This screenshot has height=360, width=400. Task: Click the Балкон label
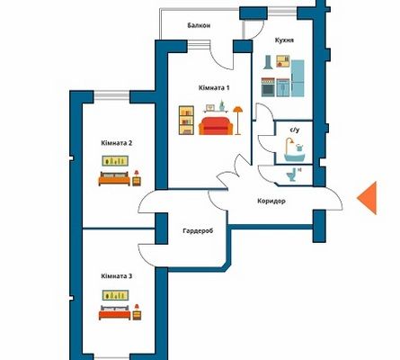click(x=199, y=25)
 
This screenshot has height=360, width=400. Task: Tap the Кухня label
click(x=284, y=40)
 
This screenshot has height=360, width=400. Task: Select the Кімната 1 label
click(x=214, y=88)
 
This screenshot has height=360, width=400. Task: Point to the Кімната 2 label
click(x=117, y=143)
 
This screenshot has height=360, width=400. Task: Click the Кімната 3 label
click(x=117, y=276)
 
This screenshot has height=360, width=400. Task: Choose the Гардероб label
click(x=198, y=231)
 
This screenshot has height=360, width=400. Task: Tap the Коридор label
click(x=271, y=201)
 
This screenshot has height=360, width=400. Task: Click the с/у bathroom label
click(x=295, y=130)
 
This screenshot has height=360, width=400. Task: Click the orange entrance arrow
click(x=367, y=198)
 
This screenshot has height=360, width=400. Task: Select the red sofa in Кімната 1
click(x=216, y=126)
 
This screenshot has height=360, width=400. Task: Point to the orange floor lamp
click(x=237, y=121)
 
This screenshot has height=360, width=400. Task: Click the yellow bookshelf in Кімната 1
click(x=186, y=120)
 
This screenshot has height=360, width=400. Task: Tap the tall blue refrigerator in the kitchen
click(x=298, y=78)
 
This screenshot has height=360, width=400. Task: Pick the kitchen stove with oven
click(x=268, y=87)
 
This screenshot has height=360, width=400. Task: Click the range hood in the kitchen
click(x=268, y=62)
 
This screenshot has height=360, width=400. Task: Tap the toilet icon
click(x=291, y=175)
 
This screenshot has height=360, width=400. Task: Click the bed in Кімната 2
click(x=114, y=178)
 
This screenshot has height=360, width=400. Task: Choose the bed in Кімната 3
click(x=115, y=312)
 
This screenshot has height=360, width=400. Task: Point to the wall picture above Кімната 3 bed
click(x=115, y=295)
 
